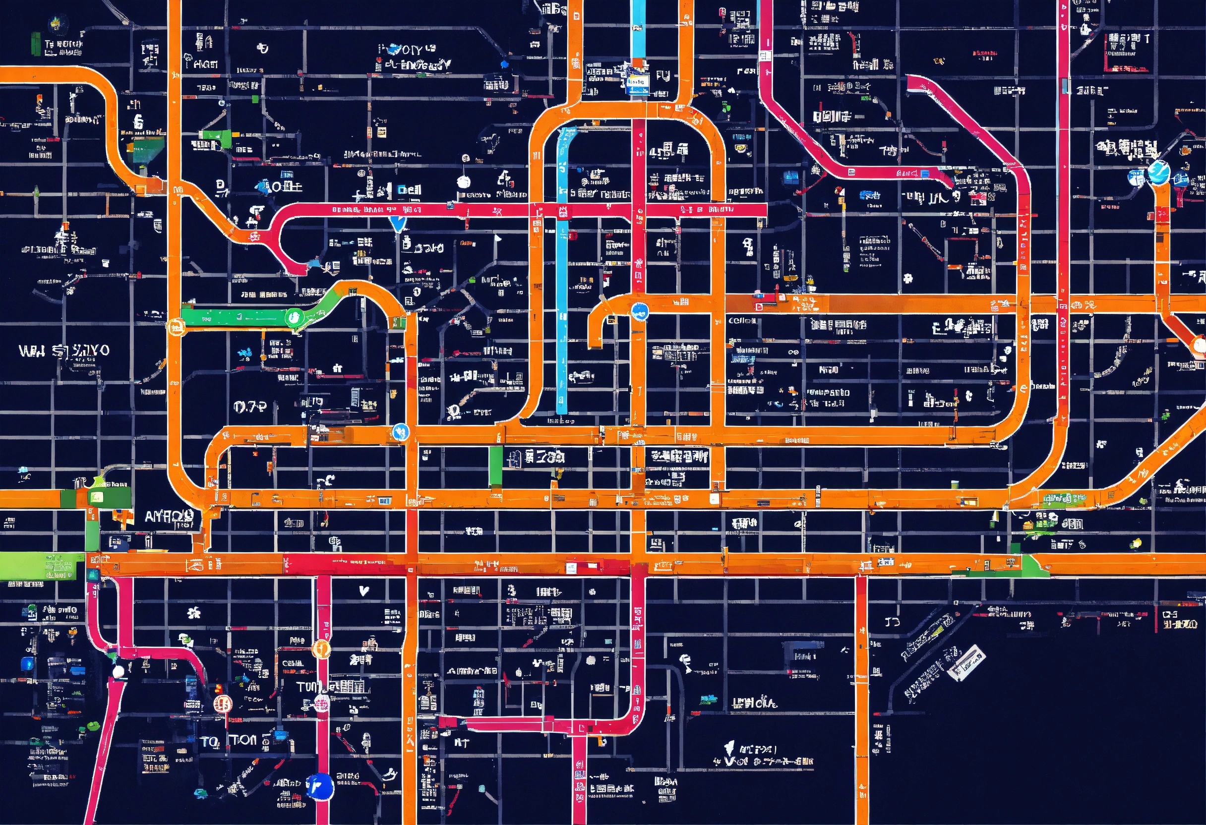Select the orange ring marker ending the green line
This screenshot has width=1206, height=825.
[x=176, y=327]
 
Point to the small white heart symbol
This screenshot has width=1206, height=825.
[x=364, y=590]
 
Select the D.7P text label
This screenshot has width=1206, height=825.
[x=249, y=406]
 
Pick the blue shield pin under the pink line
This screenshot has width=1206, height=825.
[x=398, y=224]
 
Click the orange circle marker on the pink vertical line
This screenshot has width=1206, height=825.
[x=321, y=648]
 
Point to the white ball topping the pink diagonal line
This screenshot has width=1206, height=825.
[x=119, y=671]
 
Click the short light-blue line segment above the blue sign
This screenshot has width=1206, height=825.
[x=638, y=29]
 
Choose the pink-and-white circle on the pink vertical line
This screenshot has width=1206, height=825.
[x=321, y=704]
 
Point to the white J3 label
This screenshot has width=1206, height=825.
[x=892, y=621]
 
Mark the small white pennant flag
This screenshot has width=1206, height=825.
[x=498, y=238]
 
